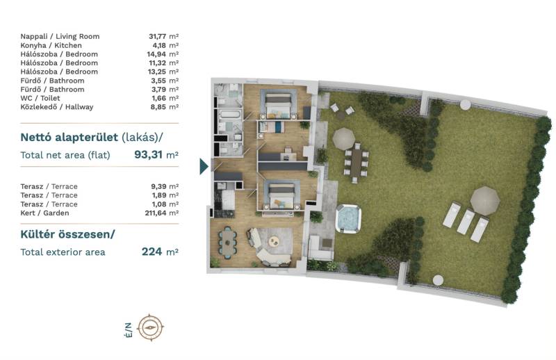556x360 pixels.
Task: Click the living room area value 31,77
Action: tap(158, 36)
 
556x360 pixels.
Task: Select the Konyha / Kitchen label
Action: tap(51, 45)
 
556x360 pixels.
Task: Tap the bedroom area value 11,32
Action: tap(158, 63)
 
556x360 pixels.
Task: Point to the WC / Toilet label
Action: tap(40, 98)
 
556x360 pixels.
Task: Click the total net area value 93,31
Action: tap(148, 155)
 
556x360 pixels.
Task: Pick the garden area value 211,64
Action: tap(155, 213)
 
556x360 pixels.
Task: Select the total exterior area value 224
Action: tap(152, 252)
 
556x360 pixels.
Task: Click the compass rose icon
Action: tap(151, 327)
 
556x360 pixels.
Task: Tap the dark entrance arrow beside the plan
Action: tap(204, 166)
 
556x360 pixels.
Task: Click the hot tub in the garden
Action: tap(348, 218)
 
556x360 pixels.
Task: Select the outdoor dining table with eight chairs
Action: tap(356, 163)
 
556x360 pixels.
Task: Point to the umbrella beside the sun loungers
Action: tap(484, 201)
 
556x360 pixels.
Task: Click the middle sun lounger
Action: tap(466, 222)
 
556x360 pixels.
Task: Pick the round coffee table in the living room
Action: tap(274, 242)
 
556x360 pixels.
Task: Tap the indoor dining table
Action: tap(227, 241)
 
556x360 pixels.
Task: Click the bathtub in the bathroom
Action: tap(230, 115)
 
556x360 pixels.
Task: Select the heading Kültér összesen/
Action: tap(67, 235)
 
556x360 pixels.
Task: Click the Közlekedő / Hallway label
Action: tap(57, 107)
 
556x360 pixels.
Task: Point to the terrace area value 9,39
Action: tap(158, 186)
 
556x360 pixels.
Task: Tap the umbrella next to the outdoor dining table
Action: tap(343, 138)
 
